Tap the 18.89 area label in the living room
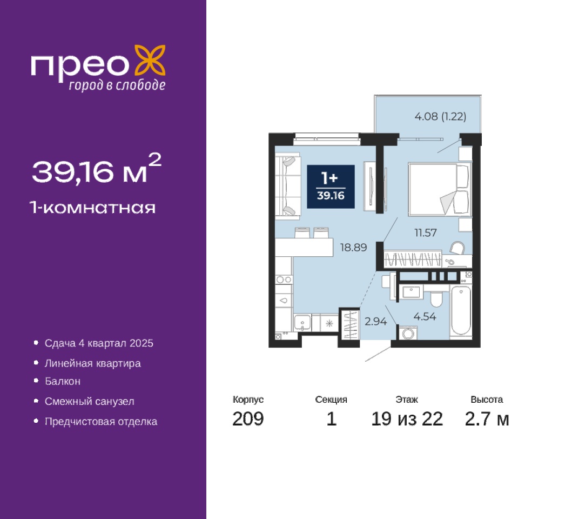click(x=353, y=247)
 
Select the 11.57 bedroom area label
click(x=425, y=232)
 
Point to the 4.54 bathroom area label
click(x=425, y=316)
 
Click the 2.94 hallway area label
click(x=375, y=321)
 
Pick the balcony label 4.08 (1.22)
click(x=440, y=117)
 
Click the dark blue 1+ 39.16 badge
click(x=331, y=187)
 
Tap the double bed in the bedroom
click(x=439, y=189)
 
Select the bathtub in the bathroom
click(x=460, y=310)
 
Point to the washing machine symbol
click(x=408, y=332)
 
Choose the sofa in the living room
click(x=288, y=187)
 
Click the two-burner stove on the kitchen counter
click(x=284, y=280)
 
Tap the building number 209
click(x=248, y=418)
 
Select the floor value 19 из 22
click(x=407, y=418)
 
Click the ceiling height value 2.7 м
click(x=487, y=418)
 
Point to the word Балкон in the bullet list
click(x=62, y=381)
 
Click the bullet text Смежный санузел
click(x=89, y=401)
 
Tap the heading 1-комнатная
click(x=93, y=208)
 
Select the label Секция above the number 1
click(x=331, y=400)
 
